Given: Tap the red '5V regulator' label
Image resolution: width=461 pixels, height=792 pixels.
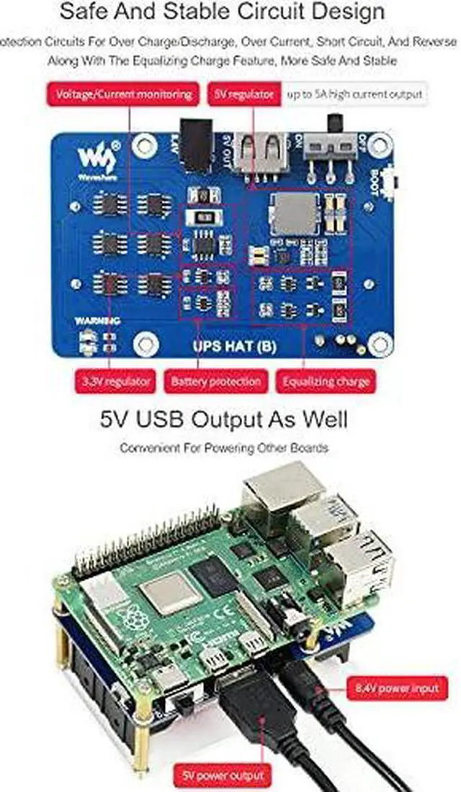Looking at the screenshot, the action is click(242, 94).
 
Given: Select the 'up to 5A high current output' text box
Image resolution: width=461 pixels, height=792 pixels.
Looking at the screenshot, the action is click(354, 94).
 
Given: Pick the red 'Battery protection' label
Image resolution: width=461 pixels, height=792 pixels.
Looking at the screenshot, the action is click(215, 381).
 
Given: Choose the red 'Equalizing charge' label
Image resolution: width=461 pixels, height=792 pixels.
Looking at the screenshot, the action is click(326, 381).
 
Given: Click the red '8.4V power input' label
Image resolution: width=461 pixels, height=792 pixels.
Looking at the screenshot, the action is click(396, 688).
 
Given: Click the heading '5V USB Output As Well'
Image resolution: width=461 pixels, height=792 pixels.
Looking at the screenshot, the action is click(223, 419).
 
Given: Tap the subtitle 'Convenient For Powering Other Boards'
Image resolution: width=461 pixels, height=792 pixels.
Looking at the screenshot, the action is click(223, 448).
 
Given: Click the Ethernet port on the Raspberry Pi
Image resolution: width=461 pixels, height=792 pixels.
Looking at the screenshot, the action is click(282, 496).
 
